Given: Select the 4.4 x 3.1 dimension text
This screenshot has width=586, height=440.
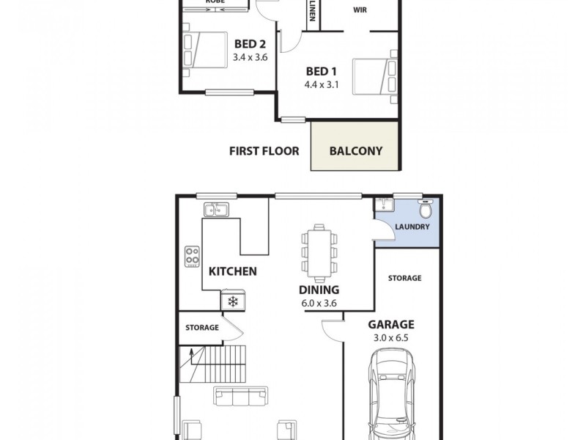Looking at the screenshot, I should [x=320, y=84].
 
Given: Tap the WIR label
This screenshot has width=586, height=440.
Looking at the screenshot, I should [x=360, y=10].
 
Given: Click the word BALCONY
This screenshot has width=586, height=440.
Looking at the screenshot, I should [x=355, y=151].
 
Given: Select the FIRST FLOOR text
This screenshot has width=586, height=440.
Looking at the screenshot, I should [x=264, y=151].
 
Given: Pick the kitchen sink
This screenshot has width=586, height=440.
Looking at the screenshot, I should [x=218, y=210].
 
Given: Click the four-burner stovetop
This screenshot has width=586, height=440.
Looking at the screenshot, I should [x=193, y=257].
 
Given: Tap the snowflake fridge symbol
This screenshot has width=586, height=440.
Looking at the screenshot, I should [x=233, y=301].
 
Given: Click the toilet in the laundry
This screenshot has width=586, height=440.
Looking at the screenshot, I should [x=425, y=208].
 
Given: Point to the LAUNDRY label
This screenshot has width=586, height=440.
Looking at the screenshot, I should [x=412, y=227].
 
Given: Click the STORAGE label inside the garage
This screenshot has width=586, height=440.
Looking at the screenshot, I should [x=404, y=278].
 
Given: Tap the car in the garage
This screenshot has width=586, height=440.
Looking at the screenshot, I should [x=392, y=392].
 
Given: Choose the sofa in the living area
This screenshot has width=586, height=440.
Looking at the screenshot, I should [x=240, y=397].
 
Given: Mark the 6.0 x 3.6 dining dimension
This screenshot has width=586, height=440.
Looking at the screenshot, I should [x=319, y=303].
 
